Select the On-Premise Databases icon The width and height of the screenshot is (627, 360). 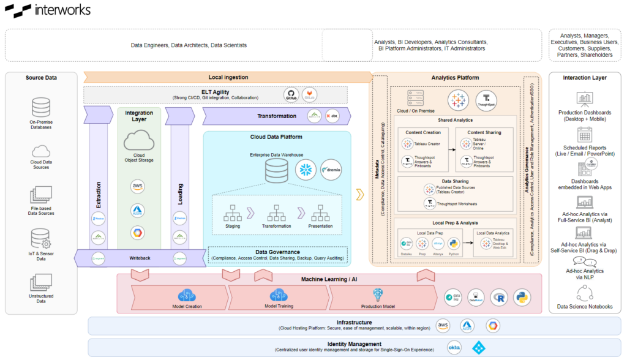(40, 108)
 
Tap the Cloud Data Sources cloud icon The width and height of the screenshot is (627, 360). (40, 151)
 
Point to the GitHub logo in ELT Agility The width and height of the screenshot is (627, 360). (291, 94)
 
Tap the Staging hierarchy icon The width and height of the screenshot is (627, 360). (233, 212)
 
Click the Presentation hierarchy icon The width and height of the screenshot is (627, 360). (321, 212)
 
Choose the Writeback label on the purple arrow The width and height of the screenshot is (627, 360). (140, 258)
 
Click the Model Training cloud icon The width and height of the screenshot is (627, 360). (279, 295)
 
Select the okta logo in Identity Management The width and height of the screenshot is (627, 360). (454, 347)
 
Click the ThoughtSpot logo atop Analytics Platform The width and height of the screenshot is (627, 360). (486, 99)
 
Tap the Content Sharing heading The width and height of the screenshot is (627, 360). (484, 132)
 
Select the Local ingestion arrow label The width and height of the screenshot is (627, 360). (228, 77)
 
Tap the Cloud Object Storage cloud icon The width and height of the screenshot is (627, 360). (138, 143)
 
